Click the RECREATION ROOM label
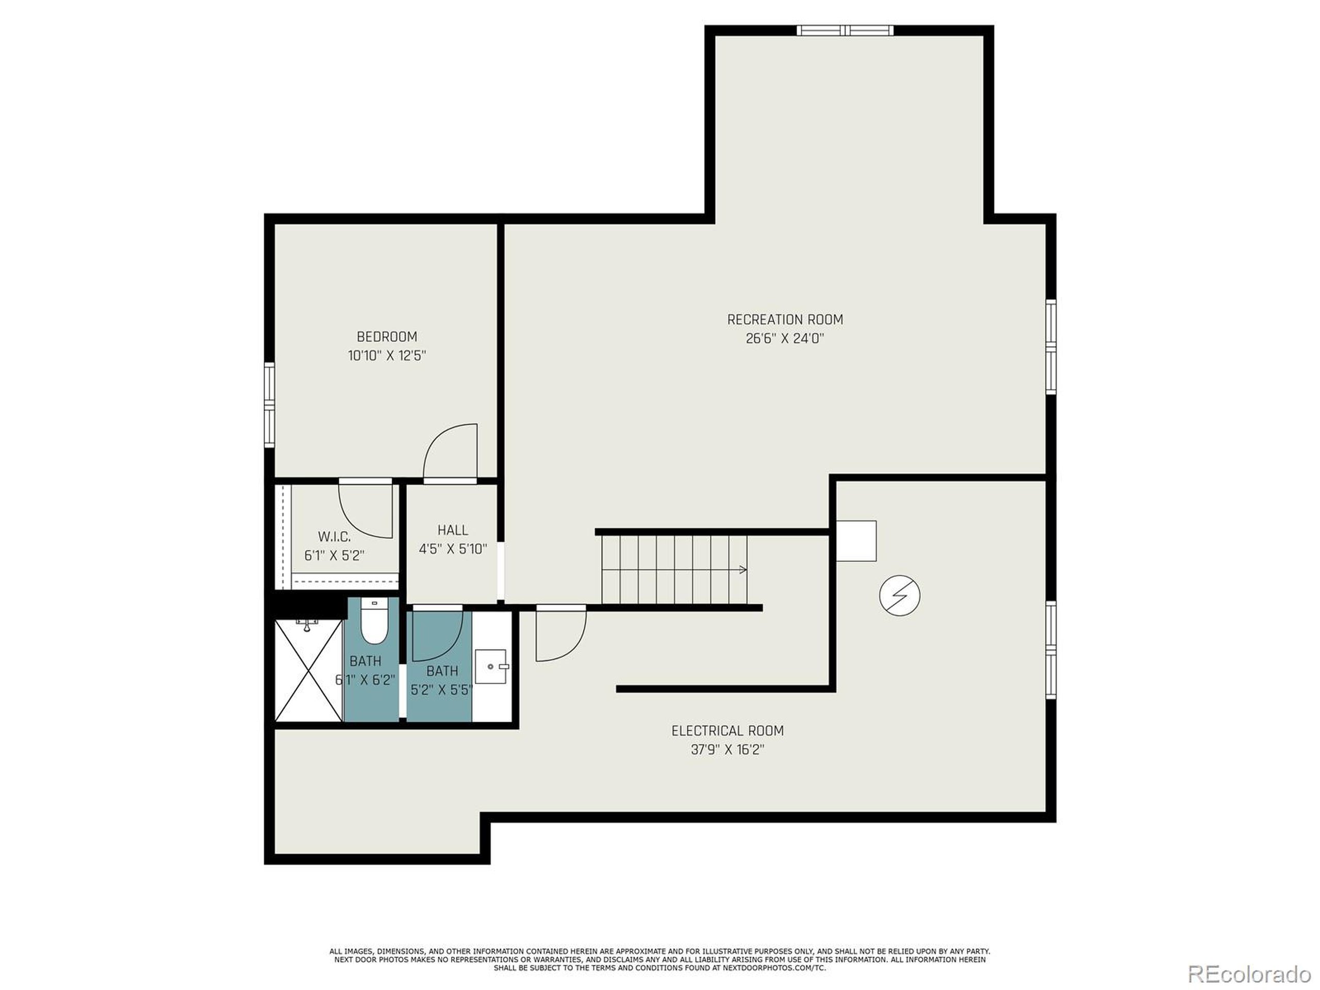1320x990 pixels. (785, 319)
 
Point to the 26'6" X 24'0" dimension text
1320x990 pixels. (785, 339)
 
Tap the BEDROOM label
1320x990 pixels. (387, 337)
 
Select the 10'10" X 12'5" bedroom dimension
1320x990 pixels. (387, 356)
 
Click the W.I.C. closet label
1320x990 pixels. (334, 536)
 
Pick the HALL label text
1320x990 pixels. (452, 530)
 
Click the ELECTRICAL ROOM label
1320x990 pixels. (728, 731)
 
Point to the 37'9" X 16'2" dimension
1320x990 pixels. (728, 750)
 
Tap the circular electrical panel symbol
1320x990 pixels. (899, 595)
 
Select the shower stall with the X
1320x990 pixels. (308, 670)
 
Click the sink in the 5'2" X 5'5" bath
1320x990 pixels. (491, 666)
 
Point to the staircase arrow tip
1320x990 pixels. (744, 569)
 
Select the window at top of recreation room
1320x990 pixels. (845, 30)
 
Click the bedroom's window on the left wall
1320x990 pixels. (269, 405)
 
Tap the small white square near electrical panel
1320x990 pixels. (856, 541)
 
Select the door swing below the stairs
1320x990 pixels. (560, 634)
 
